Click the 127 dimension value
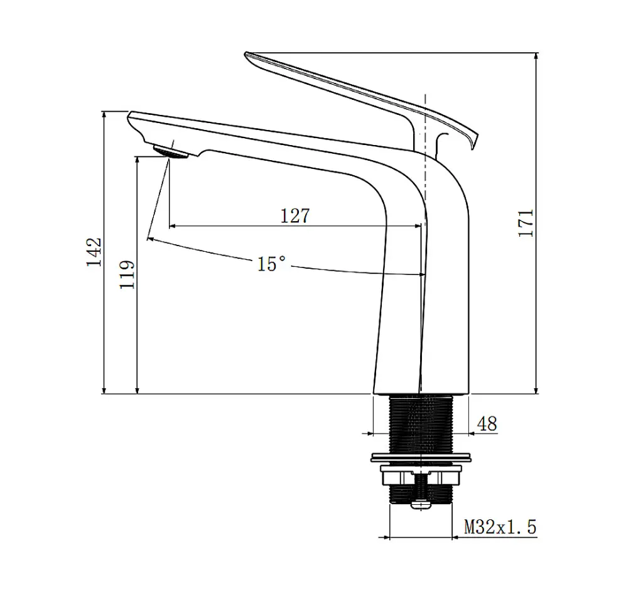[x=294, y=215]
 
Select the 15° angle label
[x=271, y=264]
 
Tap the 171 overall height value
[x=526, y=223]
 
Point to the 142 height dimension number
[x=94, y=252]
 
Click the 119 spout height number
[x=127, y=274]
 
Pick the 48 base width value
[x=487, y=424]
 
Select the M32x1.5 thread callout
[x=500, y=526]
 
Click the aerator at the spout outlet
[x=171, y=152]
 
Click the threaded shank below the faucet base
[x=420, y=422]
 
